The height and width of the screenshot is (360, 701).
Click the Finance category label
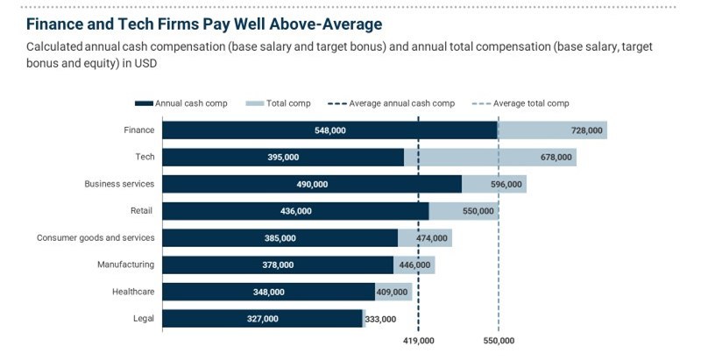139,131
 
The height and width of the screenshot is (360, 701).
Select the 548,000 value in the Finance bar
329,131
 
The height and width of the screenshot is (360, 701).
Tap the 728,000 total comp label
586,131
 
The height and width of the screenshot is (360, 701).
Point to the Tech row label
145,157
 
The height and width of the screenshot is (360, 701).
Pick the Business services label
119,184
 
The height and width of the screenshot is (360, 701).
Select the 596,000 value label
506,185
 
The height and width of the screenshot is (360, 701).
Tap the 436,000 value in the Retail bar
295,211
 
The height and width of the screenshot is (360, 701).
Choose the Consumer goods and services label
96,237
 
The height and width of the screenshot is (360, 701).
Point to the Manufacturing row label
125,265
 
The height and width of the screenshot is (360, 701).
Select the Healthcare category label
133,292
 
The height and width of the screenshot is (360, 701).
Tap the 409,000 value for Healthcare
392,293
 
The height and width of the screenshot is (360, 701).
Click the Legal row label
144,319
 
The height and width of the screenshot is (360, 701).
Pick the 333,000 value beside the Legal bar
380,320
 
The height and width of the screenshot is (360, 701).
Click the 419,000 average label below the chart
418,341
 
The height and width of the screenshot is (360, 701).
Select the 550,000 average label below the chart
498,341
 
